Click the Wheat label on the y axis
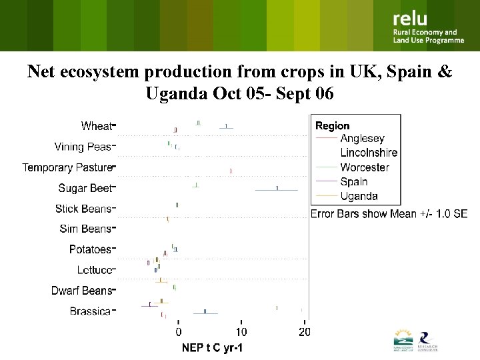(97, 125)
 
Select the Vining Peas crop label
(83, 146)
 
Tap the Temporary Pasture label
(67, 167)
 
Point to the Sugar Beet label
(85, 188)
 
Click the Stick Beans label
(83, 209)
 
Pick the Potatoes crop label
(90, 249)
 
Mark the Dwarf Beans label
(82, 291)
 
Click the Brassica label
(90, 311)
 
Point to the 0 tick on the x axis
(179, 332)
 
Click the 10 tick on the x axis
(241, 332)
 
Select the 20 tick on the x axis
(304, 332)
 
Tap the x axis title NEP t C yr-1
(213, 348)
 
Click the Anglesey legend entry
(362, 139)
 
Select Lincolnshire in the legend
(368, 153)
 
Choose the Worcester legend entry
(365, 167)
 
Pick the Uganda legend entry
(359, 196)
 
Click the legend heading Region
(333, 125)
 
